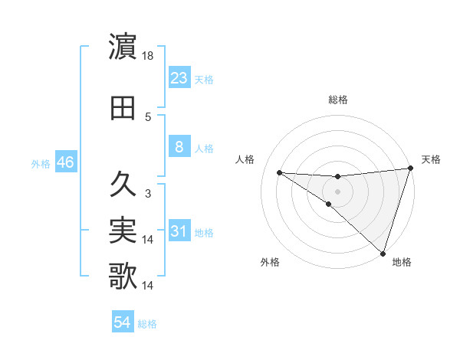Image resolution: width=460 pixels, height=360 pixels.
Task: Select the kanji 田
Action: point(123,108)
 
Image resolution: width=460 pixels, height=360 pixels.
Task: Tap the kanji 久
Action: point(123,185)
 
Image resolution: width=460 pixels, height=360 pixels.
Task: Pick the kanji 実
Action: point(123,231)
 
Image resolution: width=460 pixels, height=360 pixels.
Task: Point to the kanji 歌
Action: point(123,277)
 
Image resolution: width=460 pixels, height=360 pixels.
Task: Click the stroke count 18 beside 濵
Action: point(149,56)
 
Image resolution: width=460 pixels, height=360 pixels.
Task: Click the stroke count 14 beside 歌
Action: point(149,286)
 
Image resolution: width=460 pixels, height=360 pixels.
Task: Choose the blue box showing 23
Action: point(179,77)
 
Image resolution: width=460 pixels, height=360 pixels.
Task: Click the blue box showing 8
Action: point(179,146)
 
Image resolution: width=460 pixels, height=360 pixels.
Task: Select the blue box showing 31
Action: point(179,231)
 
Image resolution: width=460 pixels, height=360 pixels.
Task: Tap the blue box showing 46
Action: point(64,162)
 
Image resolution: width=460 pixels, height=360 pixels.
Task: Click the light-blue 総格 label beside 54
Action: point(147,324)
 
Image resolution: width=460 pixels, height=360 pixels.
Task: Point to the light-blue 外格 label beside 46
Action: point(41,163)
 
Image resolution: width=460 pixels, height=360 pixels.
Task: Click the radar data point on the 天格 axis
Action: point(410,169)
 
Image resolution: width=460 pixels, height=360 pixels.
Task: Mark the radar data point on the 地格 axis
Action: point(383,253)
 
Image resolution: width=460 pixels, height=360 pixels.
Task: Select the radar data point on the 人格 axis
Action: point(280,172)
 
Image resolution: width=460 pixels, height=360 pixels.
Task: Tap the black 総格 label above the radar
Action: point(337,100)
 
